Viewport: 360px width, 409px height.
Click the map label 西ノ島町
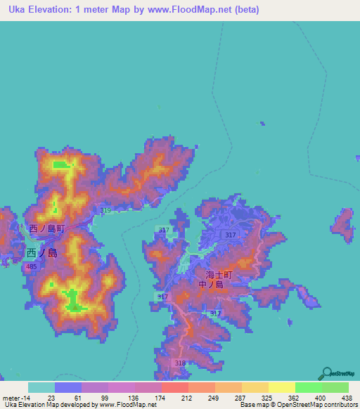point(47,229)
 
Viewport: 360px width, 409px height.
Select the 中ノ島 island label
point(211,285)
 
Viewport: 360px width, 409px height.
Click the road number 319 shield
point(106,211)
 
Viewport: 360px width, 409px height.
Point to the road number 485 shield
point(30,268)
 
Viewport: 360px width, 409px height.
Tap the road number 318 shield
point(180,363)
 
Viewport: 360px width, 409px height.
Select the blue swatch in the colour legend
point(67,387)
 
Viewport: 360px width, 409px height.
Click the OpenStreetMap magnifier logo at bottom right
point(326,373)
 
